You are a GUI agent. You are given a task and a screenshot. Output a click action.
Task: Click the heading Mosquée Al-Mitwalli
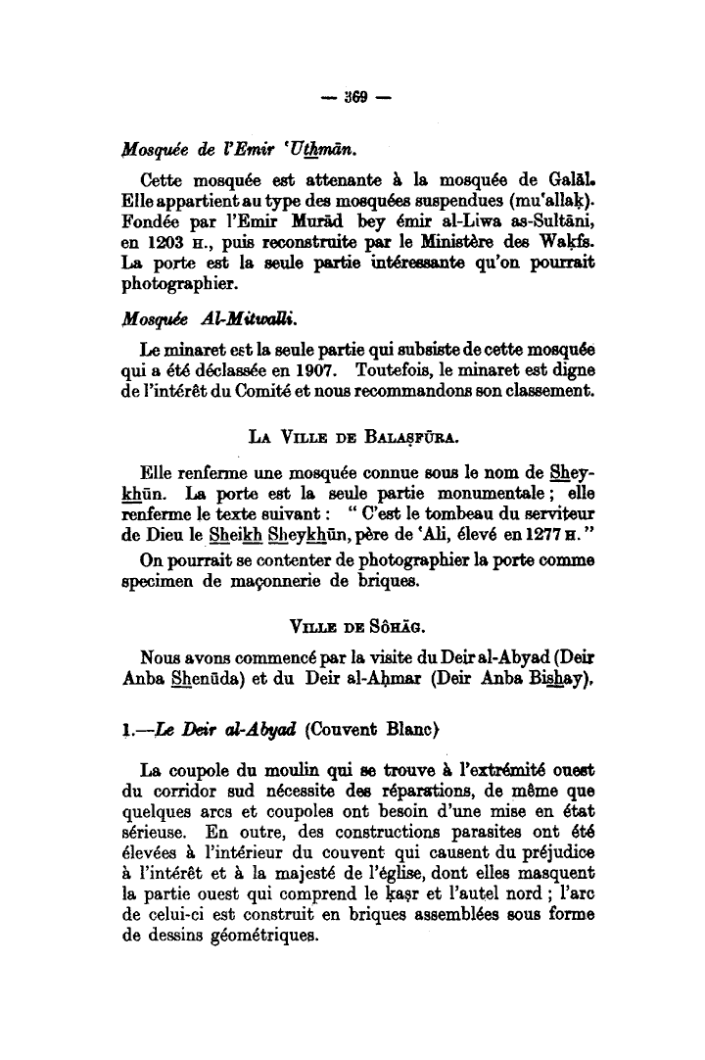click(x=193, y=319)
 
